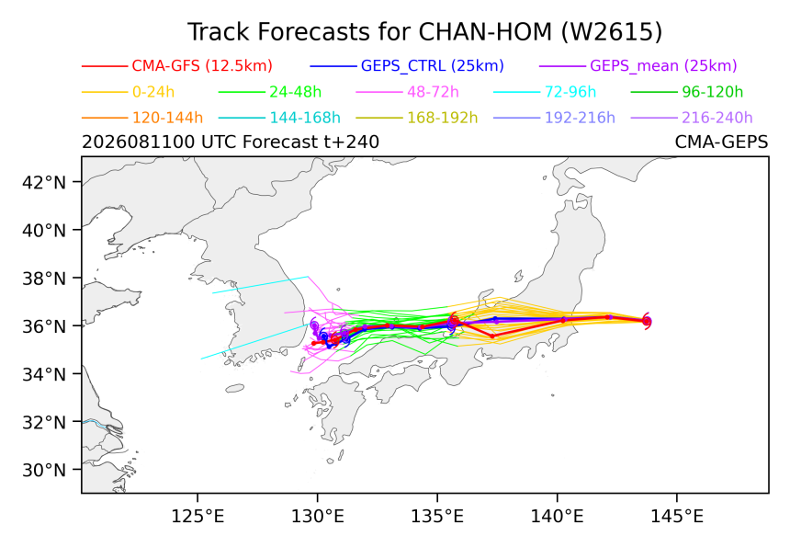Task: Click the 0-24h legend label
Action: (x=153, y=92)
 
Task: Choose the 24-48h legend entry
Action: (x=295, y=92)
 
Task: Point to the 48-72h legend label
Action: (x=433, y=92)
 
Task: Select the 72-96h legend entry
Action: (x=570, y=92)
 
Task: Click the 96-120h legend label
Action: (x=713, y=92)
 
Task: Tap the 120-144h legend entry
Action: (x=167, y=118)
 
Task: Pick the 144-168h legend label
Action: (x=305, y=118)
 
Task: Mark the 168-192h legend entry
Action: (x=443, y=118)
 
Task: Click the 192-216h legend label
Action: (x=580, y=118)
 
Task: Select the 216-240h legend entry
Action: (x=717, y=118)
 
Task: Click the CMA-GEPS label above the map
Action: (x=721, y=142)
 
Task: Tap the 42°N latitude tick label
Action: (x=44, y=182)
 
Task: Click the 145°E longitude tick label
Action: (x=676, y=517)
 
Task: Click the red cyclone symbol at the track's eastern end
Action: (x=647, y=321)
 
